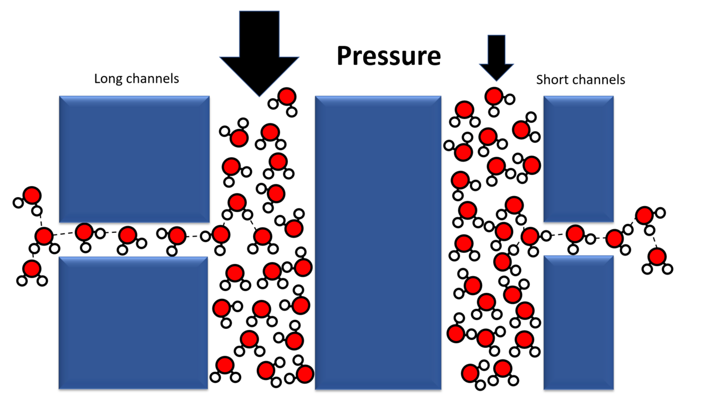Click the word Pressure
pos(388,56)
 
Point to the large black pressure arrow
pos(259,50)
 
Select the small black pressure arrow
pos(496,56)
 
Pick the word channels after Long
pos(153,78)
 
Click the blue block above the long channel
pos(134,159)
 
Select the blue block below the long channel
pos(134,322)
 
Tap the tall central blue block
pos(378,242)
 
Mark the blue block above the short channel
pos(579,159)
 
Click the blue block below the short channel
pos(579,322)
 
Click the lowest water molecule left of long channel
pos(32,269)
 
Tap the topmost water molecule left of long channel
pos(31,196)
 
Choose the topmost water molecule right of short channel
pos(645,215)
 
